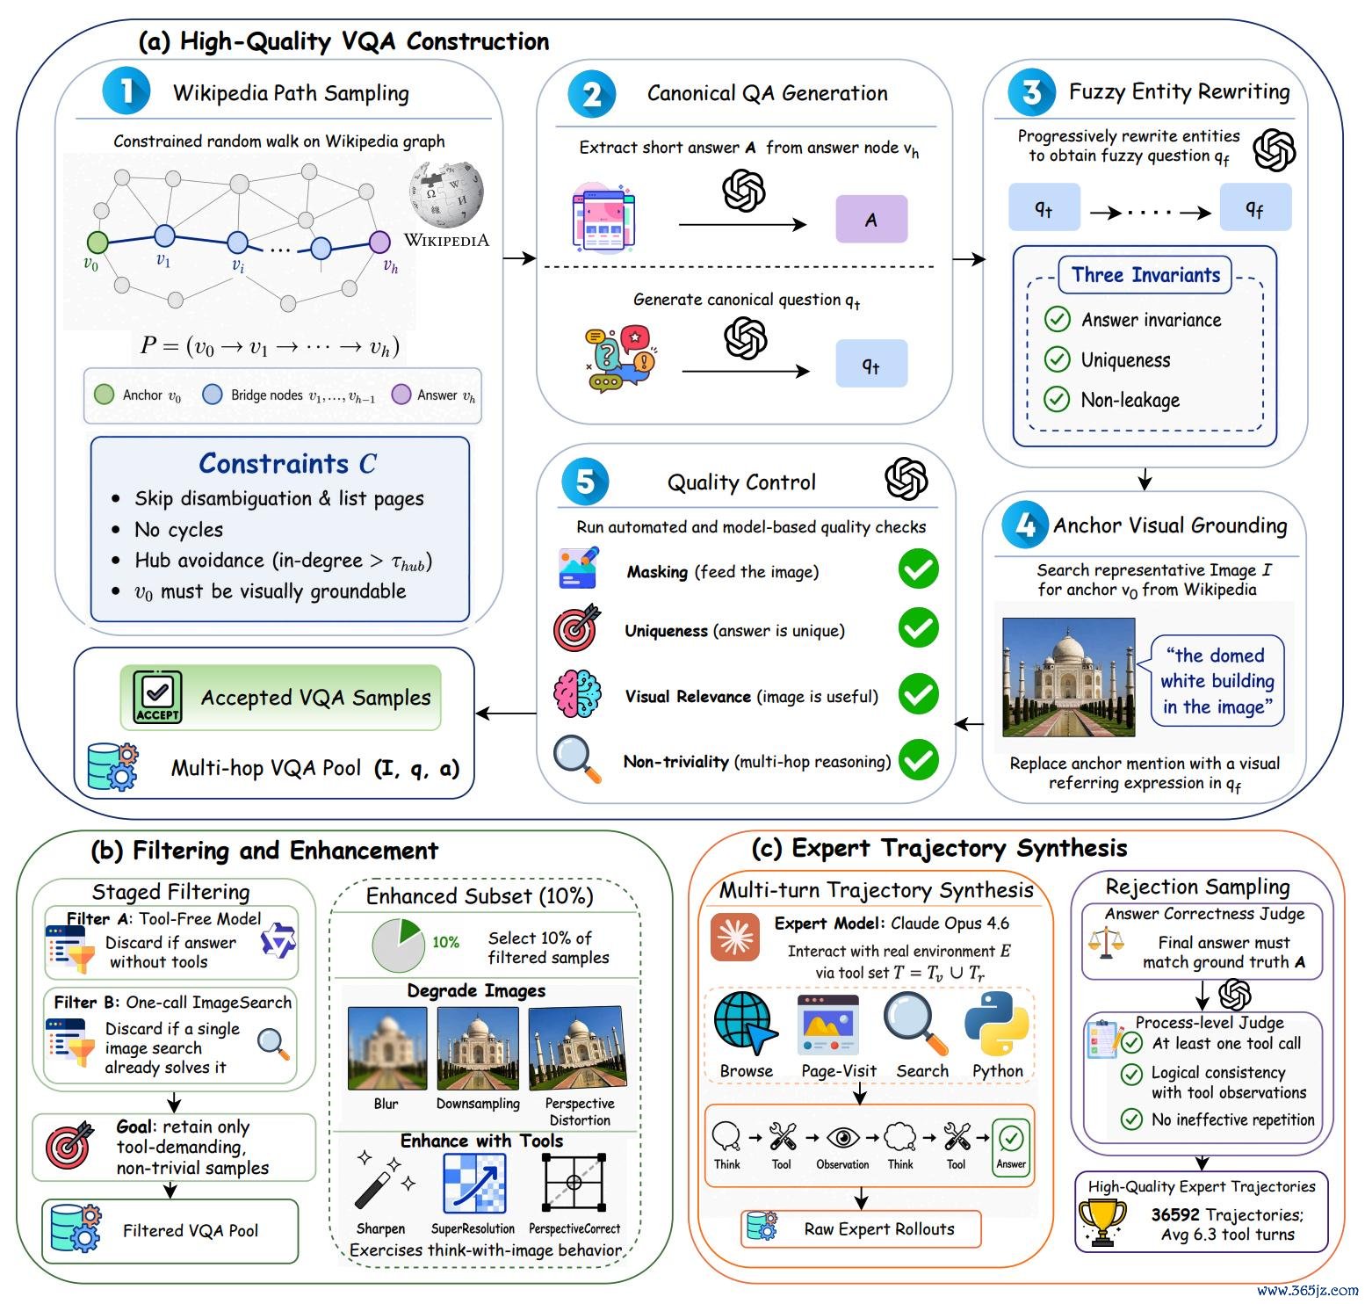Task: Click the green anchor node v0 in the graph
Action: (x=97, y=242)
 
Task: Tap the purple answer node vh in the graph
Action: (x=379, y=241)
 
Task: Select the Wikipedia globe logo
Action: (x=446, y=194)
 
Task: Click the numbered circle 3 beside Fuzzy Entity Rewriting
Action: (x=1031, y=91)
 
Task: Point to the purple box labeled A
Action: (x=870, y=219)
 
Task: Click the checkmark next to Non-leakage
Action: (x=1057, y=400)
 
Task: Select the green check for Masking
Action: (x=919, y=569)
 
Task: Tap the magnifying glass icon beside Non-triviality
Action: (x=577, y=759)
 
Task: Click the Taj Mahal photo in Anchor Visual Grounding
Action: (x=1069, y=677)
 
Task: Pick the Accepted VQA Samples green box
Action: (x=281, y=698)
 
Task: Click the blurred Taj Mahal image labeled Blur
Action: (x=387, y=1048)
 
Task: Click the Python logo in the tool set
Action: (x=997, y=1024)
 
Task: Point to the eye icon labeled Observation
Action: (x=843, y=1137)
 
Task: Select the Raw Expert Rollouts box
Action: (x=861, y=1228)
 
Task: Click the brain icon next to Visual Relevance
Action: (x=577, y=694)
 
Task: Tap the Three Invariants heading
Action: (x=1145, y=275)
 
